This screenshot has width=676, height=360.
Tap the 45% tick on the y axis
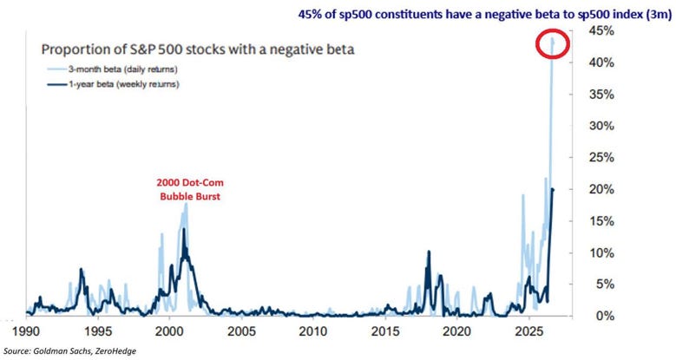(601, 31)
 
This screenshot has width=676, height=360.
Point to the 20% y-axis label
(601, 189)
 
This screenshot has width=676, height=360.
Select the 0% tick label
(605, 316)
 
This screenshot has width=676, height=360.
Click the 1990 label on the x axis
(26, 331)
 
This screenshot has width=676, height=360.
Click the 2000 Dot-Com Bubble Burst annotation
(190, 190)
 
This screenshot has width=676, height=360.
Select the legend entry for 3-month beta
(112, 69)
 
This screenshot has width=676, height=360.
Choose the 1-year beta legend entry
(113, 84)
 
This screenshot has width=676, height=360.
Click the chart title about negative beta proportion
(198, 49)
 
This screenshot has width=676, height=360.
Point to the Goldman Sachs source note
(69, 351)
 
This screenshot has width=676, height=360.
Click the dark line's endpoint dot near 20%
(553, 189)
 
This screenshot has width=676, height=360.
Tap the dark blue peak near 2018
(429, 251)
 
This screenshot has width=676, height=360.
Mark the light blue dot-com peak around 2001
(187, 204)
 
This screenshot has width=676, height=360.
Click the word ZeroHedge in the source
(118, 351)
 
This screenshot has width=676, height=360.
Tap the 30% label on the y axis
(601, 126)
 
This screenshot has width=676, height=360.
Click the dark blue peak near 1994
(81, 270)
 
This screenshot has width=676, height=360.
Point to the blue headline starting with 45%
(485, 15)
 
